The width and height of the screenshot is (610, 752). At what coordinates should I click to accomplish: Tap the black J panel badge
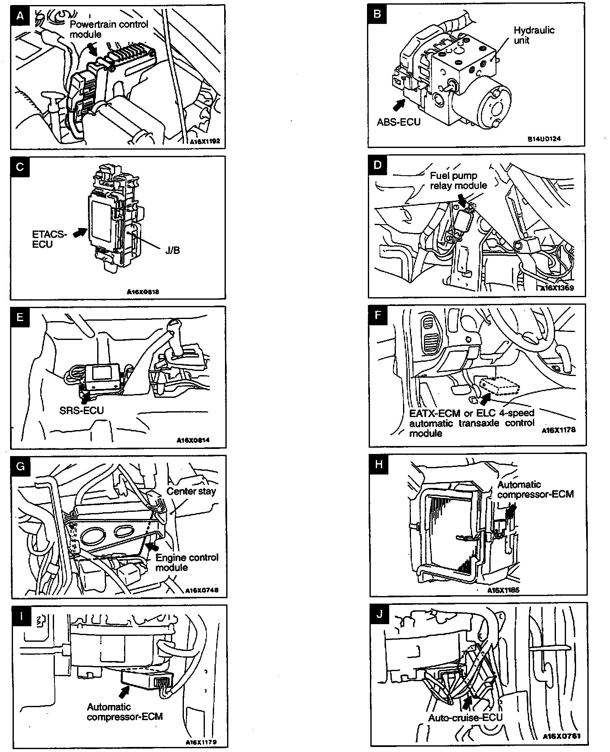click(380, 614)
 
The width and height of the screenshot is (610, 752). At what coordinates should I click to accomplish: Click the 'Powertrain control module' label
click(109, 29)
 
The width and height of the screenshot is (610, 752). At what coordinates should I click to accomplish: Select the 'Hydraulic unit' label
click(533, 35)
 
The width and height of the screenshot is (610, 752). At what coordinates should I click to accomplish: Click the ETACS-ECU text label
click(49, 239)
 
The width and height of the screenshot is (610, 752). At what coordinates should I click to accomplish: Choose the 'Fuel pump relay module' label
click(458, 181)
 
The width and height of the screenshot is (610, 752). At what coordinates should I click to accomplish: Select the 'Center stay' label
click(191, 491)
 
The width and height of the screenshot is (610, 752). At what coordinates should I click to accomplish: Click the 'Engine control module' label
click(187, 562)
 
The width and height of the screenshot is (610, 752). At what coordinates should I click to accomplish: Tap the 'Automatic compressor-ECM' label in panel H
click(535, 489)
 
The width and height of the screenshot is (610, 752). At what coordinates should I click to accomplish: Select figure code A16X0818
click(143, 292)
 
